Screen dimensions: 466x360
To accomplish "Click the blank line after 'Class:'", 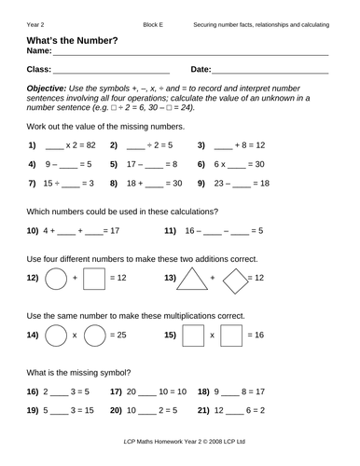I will pyautogui.click(x=111, y=70).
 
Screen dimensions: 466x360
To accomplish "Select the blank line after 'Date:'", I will pyautogui.click(x=270, y=70).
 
